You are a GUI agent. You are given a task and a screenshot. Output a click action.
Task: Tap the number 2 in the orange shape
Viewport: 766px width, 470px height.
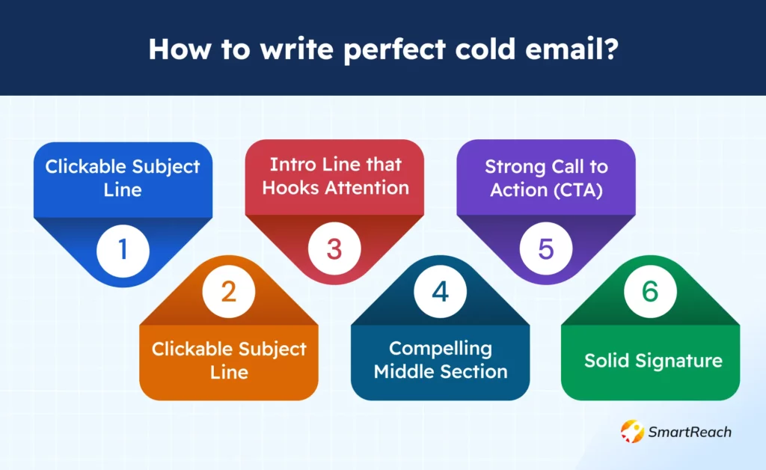coord(229,290)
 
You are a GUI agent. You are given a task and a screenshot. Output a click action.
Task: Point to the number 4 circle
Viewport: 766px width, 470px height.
coord(441,290)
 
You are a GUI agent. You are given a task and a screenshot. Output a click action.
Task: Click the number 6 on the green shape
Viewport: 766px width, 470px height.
coord(650,290)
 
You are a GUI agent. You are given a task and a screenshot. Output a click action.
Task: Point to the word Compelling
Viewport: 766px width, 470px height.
coord(441,348)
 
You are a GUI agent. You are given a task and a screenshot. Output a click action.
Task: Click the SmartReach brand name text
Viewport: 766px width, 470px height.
coord(690,432)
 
